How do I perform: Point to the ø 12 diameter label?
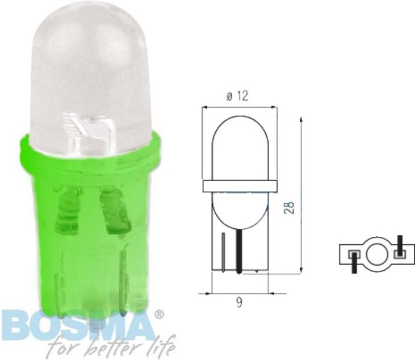click(237, 97)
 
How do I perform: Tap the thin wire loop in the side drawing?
click(225, 253)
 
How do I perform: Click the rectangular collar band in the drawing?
click(239, 185)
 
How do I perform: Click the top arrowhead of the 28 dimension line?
click(300, 119)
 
